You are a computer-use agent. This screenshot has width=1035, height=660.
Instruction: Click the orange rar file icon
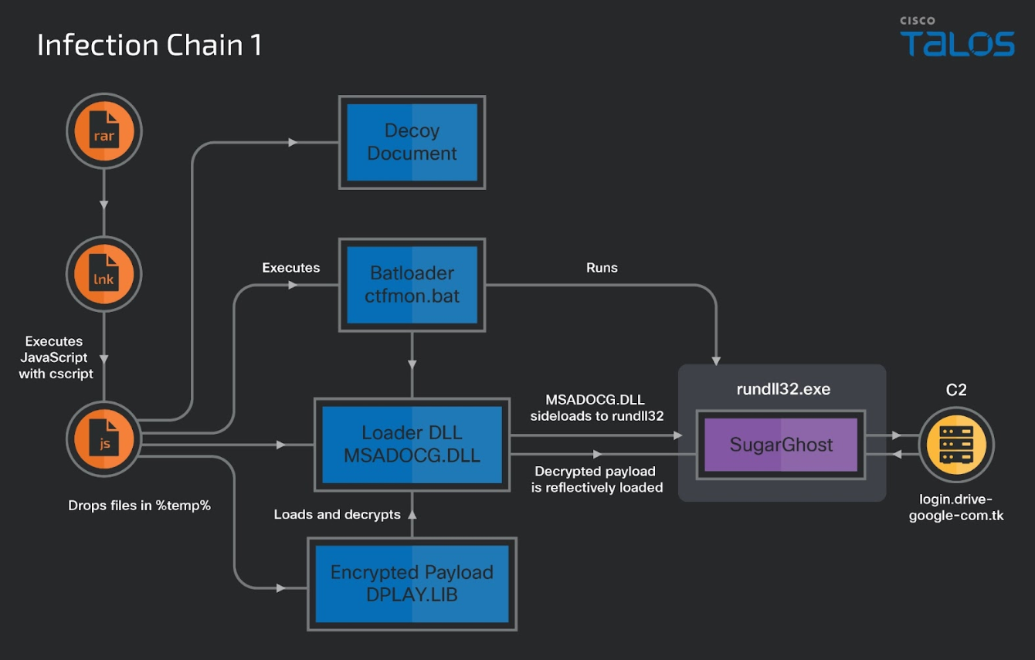coord(104,131)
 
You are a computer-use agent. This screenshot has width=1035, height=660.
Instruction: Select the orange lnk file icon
coord(104,274)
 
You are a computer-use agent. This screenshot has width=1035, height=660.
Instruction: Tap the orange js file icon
coord(104,439)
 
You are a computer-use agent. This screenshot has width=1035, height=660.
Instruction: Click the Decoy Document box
coord(412,142)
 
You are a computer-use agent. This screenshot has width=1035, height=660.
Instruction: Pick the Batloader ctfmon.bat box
coord(412,285)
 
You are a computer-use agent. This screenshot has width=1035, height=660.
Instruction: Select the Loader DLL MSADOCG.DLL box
coord(412,445)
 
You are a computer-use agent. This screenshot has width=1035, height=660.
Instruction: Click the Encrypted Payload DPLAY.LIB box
coord(412,584)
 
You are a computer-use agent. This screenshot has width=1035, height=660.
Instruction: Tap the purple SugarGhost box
coord(781,445)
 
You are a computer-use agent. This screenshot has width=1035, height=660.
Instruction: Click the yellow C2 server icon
coord(956,445)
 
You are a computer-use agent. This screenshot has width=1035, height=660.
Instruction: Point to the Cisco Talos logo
coord(957,36)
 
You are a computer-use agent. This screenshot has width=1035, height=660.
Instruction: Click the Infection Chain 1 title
coord(150,45)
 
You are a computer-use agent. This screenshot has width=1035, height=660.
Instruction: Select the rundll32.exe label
coord(783,389)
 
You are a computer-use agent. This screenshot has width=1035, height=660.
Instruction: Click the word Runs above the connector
coord(602,268)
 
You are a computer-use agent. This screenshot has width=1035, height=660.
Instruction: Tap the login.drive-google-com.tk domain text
coord(956,507)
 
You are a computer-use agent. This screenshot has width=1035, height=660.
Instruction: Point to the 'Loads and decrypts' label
coord(337,515)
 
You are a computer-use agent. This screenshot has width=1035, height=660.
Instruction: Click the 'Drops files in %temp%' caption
coord(139,506)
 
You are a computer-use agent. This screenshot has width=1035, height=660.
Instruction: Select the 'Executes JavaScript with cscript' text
coord(56,357)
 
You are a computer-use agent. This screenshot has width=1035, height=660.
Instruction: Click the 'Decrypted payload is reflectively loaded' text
coord(596,479)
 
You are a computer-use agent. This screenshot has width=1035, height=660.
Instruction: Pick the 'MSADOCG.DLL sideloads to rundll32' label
coord(596,408)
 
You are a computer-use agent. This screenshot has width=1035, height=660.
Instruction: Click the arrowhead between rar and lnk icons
coord(104,205)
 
